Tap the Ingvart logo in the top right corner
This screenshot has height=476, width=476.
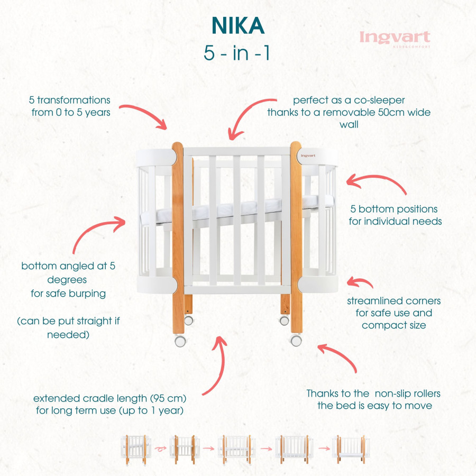click(395, 38)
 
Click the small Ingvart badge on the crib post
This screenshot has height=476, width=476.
click(309, 155)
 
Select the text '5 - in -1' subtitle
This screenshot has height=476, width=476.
click(237, 53)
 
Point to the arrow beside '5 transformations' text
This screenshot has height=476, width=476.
click(146, 113)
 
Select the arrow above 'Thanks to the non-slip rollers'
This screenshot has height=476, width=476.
click(338, 356)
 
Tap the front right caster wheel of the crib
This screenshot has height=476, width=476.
click(296, 340)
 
